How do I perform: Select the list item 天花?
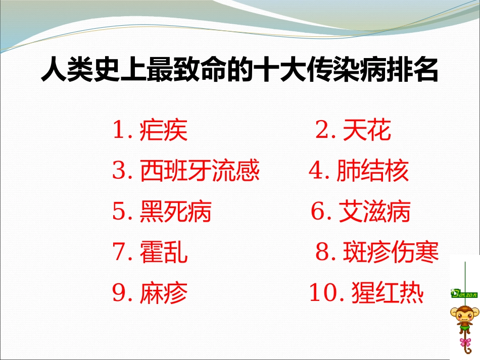click(367, 131)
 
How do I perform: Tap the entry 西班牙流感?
click(200, 171)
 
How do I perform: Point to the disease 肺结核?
click(372, 171)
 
